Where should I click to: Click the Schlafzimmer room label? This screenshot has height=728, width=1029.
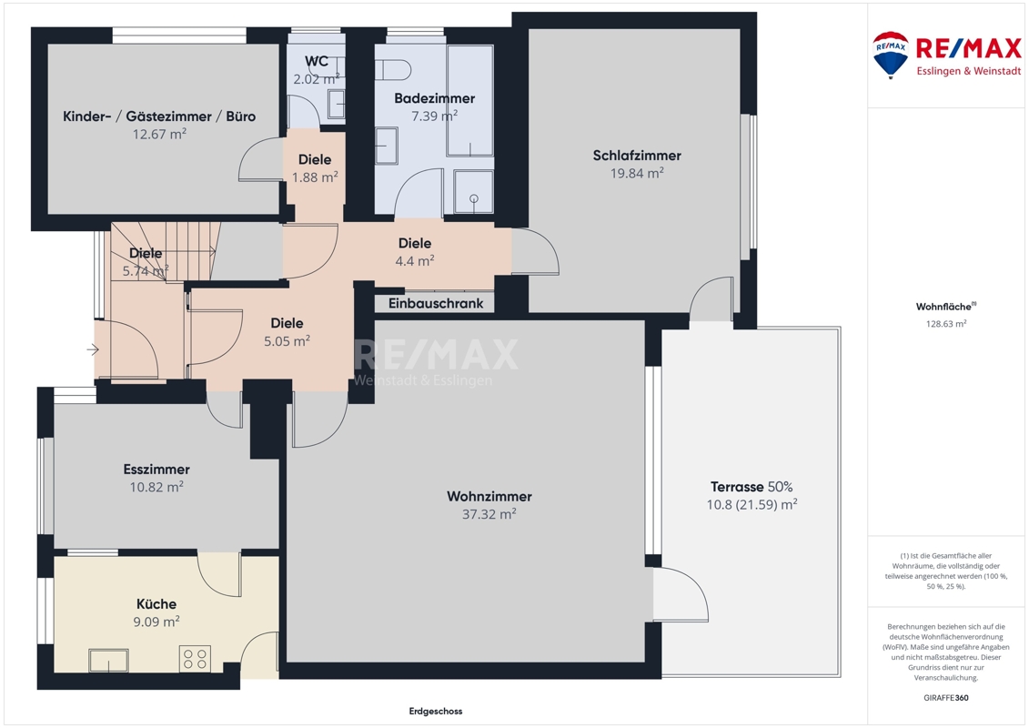(637, 156)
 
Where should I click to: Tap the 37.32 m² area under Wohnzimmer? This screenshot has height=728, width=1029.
(489, 514)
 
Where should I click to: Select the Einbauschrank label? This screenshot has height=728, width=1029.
(436, 303)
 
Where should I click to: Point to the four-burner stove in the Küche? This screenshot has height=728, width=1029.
(195, 659)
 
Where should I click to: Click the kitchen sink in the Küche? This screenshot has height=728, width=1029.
(109, 661)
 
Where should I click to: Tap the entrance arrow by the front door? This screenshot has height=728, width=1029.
(93, 349)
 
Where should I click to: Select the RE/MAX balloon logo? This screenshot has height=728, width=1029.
(891, 55)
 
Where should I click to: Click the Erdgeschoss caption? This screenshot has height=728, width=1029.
(436, 711)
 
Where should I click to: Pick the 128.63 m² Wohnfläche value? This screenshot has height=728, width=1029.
(945, 324)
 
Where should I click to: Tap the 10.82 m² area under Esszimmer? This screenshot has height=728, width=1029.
(156, 487)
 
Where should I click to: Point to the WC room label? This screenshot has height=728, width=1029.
(317, 62)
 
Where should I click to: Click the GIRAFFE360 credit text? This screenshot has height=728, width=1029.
(945, 698)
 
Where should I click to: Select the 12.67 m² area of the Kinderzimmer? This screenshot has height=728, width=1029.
(159, 135)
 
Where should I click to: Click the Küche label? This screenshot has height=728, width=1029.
(156, 604)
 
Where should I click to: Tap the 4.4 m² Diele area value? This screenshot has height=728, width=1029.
(415, 261)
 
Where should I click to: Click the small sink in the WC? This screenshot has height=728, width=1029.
(336, 105)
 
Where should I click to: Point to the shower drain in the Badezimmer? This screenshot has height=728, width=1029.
(474, 198)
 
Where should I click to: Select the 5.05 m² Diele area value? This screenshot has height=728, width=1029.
(287, 341)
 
